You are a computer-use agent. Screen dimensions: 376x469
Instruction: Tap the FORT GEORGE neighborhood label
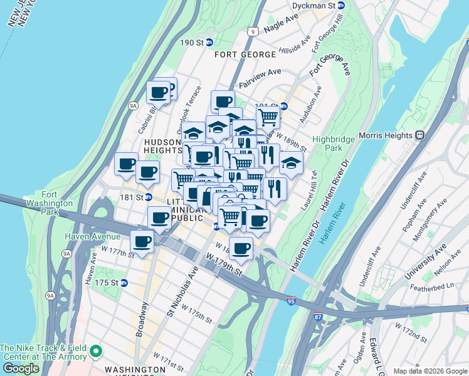pos(245,55)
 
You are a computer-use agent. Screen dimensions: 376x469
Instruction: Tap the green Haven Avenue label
pos(92,236)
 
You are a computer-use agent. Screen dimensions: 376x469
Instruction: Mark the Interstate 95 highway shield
pos(290,301)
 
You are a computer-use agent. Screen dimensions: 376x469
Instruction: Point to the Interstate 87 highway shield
pos(319,316)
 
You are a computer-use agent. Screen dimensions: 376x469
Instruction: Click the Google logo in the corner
pos(21,368)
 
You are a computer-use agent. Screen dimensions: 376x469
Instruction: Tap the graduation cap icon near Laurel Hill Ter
pos(290,163)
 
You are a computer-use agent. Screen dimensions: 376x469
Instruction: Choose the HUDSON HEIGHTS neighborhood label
pos(163,146)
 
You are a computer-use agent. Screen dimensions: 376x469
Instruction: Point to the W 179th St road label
pos(224,264)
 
